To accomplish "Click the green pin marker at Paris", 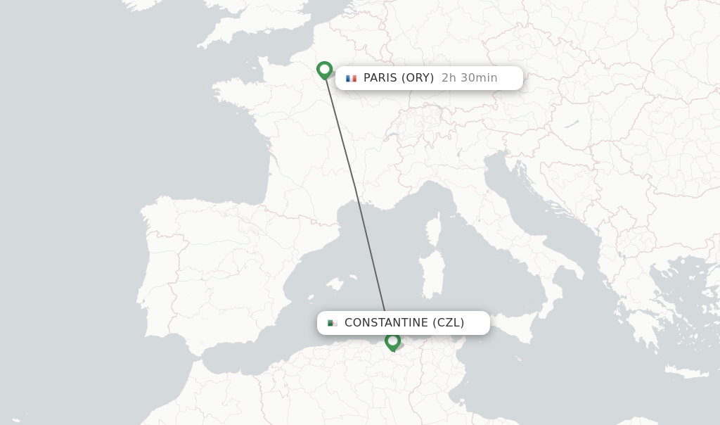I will [x=324, y=70].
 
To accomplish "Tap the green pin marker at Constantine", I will [x=392, y=341].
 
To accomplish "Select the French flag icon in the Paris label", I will [x=351, y=78].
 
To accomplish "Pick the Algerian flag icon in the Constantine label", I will [x=333, y=323].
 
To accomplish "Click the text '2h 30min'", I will [x=469, y=78].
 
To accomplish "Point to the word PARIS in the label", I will [x=380, y=78].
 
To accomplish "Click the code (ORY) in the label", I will [x=418, y=78].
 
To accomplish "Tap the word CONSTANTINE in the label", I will [x=386, y=323].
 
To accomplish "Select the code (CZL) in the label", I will [x=448, y=323].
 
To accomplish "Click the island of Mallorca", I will [x=335, y=284].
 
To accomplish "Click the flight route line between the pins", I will [x=355, y=190].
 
